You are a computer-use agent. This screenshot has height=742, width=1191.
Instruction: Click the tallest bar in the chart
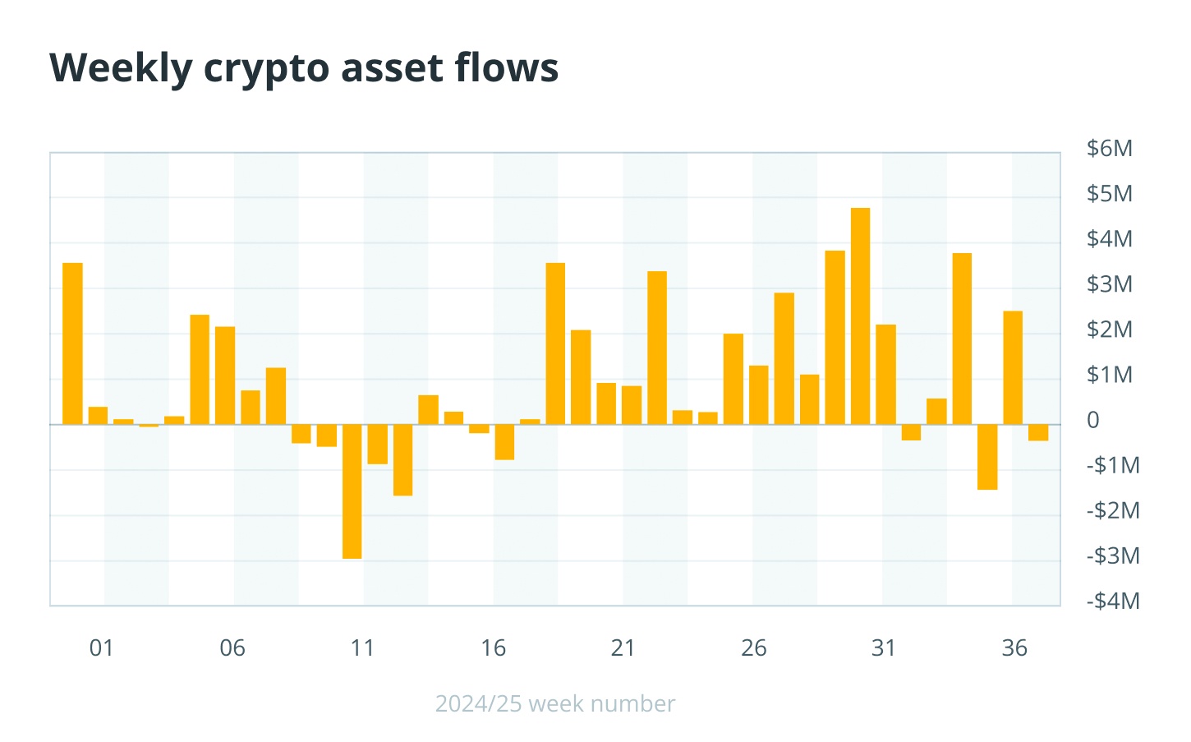tap(860, 316)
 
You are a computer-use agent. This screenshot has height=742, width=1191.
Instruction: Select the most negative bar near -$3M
tap(352, 491)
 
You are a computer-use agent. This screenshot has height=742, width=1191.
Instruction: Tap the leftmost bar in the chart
tap(72, 343)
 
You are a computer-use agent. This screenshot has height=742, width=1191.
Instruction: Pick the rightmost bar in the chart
tap(1038, 432)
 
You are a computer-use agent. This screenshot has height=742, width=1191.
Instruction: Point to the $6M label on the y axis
tap(1109, 149)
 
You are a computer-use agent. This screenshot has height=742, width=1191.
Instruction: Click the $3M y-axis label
tap(1109, 284)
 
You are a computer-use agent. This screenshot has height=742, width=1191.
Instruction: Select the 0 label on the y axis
tap(1092, 420)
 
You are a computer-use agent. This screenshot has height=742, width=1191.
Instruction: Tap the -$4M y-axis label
tap(1113, 601)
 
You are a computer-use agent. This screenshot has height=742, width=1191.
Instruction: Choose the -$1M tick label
tap(1113, 466)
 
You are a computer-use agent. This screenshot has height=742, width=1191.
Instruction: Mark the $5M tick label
tap(1109, 194)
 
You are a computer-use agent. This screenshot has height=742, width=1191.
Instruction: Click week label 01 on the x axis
tap(101, 648)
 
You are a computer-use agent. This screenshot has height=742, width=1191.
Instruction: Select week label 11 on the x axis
tap(362, 648)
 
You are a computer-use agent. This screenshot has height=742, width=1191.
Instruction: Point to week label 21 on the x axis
tap(623, 648)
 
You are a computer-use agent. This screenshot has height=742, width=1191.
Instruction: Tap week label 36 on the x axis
tap(1014, 648)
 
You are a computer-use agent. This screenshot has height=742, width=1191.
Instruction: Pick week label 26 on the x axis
tap(754, 648)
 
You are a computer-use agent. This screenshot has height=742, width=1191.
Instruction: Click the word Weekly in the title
tap(121, 68)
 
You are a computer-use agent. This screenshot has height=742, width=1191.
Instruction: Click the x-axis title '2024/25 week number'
tap(554, 704)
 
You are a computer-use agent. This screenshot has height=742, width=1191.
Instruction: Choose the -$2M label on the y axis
tap(1113, 511)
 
